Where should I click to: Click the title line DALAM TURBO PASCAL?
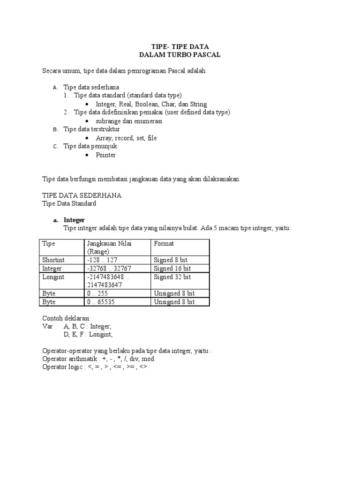[x=180, y=55]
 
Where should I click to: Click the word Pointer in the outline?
[x=105, y=155]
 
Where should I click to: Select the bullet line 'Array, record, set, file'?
[x=126, y=138]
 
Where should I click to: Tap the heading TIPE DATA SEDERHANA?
[x=82, y=195]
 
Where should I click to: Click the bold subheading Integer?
[x=74, y=220]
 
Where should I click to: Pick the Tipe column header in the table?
[x=49, y=244]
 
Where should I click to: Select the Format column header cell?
[x=164, y=244]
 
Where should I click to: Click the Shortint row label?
[x=53, y=260]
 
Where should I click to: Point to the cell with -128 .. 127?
[x=102, y=260]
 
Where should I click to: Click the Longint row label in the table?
[x=53, y=277]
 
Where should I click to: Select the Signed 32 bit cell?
[x=172, y=277]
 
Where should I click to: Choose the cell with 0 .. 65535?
[x=101, y=302]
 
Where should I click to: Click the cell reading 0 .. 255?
[x=97, y=293]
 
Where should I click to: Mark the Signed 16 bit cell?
[x=172, y=269]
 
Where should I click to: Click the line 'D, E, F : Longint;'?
[x=88, y=335]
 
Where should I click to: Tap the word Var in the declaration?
[x=47, y=326]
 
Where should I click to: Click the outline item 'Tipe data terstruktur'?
[x=91, y=129]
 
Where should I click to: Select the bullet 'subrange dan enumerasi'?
[x=129, y=121]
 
